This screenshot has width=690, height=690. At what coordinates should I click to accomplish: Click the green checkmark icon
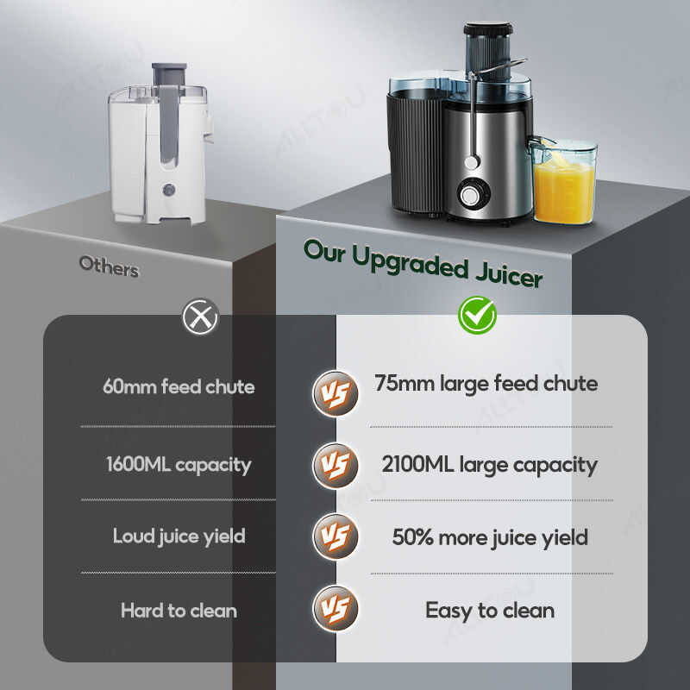pyautogui.click(x=476, y=315)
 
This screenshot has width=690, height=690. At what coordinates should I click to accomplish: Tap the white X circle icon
pyautogui.click(x=201, y=317)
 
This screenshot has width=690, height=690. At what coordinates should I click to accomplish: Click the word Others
pyautogui.click(x=109, y=266)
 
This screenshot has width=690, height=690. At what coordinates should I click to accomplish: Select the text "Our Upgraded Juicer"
pyautogui.click(x=423, y=261)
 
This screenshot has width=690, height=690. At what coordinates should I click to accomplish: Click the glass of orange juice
pyautogui.click(x=564, y=183)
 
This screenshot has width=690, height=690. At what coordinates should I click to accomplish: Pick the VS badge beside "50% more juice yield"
pyautogui.click(x=334, y=536)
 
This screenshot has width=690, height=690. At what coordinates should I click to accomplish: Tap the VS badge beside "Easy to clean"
pyautogui.click(x=334, y=609)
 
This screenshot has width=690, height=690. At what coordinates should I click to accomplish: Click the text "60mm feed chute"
pyautogui.click(x=179, y=386)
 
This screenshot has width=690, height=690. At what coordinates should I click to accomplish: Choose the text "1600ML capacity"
pyautogui.click(x=179, y=464)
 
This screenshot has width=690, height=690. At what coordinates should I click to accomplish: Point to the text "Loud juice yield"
pyautogui.click(x=179, y=536)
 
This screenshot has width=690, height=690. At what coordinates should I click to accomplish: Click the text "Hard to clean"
pyautogui.click(x=179, y=611)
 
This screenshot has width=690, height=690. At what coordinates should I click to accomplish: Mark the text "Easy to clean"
pyautogui.click(x=490, y=611)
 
